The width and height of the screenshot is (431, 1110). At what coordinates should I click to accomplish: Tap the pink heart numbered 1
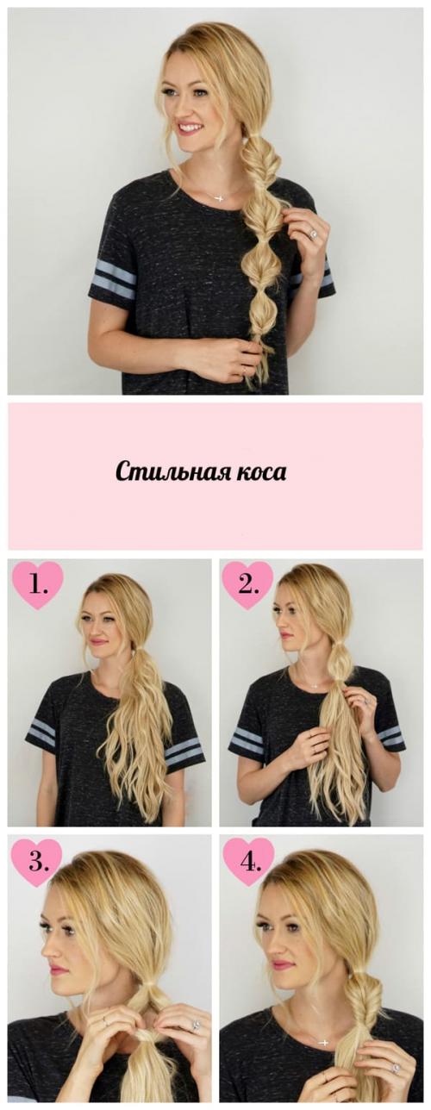click(37, 585)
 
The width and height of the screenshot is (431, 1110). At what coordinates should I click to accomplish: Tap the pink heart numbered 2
click(247, 585)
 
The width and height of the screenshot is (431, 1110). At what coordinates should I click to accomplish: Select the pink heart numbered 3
click(36, 859)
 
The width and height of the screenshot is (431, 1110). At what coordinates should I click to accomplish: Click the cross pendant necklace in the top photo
click(219, 197)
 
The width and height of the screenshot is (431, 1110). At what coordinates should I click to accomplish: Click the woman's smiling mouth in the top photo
click(190, 128)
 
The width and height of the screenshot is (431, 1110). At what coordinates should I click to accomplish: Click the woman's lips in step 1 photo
click(97, 642)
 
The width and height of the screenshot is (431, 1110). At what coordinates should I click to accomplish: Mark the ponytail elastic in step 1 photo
click(132, 645)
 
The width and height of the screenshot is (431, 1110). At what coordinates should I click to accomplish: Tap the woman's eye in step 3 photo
click(46, 928)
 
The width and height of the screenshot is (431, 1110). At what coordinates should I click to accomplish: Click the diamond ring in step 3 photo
click(195, 1026)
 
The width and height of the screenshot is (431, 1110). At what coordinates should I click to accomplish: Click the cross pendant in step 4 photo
click(323, 1042)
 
